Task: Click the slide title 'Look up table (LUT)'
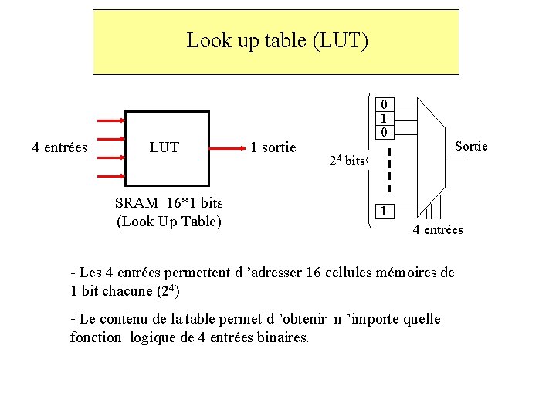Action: tap(277, 40)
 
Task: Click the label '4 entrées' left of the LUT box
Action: tap(59, 147)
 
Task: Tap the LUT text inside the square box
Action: tap(164, 147)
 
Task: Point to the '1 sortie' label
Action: tap(273, 147)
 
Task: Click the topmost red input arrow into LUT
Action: tap(112, 120)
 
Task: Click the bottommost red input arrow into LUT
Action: tap(112, 176)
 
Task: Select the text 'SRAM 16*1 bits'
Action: tap(168, 203)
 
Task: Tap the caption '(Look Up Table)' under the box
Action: tap(168, 222)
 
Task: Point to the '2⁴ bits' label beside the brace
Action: tap(347, 161)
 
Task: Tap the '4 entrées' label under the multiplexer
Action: tap(438, 229)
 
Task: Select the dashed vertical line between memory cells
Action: tap(389, 171)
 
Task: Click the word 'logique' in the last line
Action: tap(154, 337)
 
